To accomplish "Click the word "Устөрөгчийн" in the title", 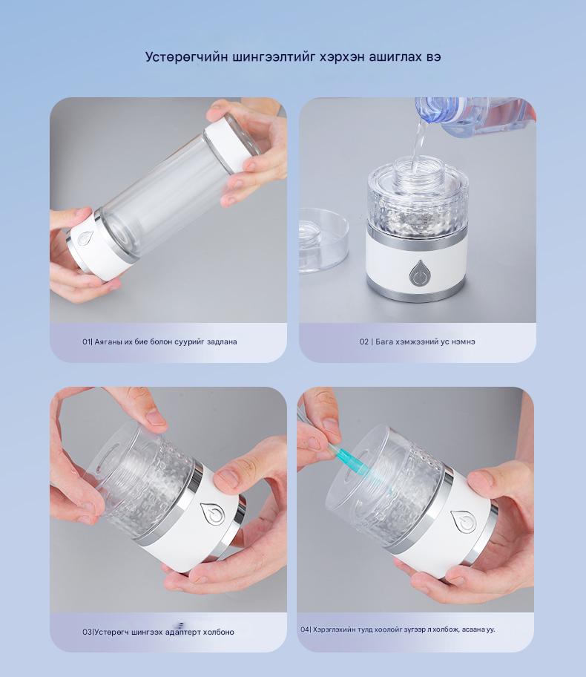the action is point(186,57).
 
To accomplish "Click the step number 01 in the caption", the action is point(86,341).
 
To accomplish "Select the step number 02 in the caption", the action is point(363,341).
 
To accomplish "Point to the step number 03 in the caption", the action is point(87,632).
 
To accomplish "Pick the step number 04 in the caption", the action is point(305,629).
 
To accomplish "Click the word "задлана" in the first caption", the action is point(222,342).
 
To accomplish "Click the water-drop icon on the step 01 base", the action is point(85,238).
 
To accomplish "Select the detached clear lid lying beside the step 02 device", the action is point(323,240).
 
